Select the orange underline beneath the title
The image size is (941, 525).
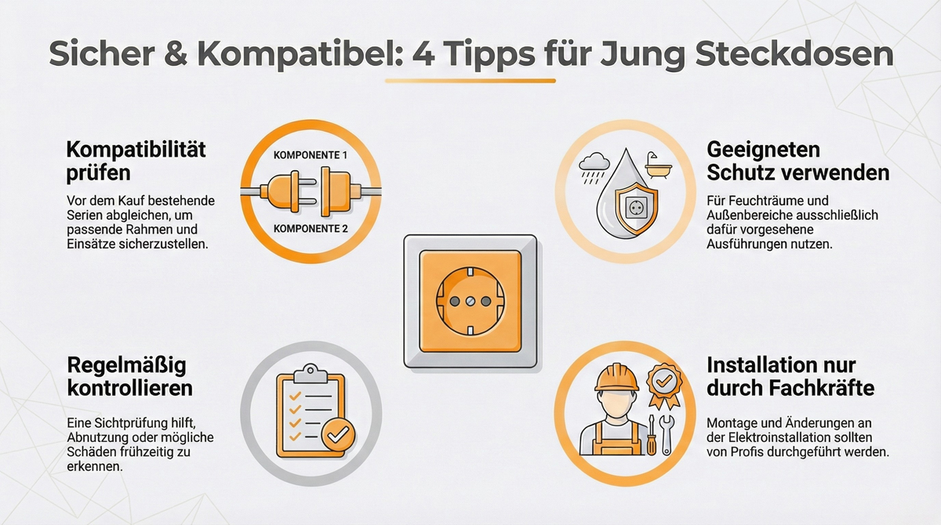[470, 81]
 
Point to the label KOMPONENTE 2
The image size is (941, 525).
[309, 229]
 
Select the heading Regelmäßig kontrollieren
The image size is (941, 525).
[129, 376]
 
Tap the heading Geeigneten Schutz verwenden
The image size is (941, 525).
[797, 161]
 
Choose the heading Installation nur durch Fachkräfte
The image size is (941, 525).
[790, 376]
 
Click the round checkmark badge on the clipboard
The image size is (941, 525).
[338, 433]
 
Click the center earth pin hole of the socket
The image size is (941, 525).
[470, 301]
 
